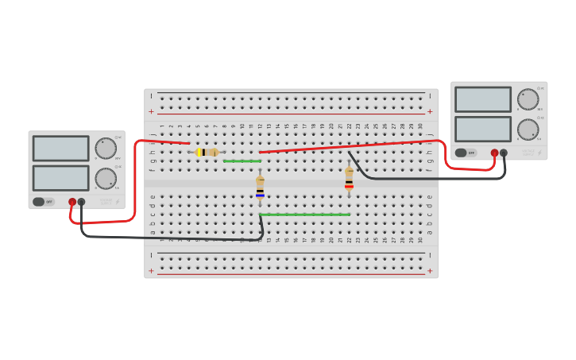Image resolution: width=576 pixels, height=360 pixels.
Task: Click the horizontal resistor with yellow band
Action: click(207, 152)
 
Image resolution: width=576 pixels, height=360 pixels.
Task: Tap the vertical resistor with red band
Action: click(349, 178)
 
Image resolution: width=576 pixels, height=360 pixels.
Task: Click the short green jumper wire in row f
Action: click(242, 161)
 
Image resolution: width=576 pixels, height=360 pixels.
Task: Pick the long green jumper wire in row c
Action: click(304, 215)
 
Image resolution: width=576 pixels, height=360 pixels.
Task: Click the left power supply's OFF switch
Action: click(43, 202)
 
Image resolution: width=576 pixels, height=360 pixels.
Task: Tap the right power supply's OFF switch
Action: click(466, 153)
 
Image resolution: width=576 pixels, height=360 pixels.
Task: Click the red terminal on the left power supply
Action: click(72, 202)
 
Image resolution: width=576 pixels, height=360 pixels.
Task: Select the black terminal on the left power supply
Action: click(81, 202)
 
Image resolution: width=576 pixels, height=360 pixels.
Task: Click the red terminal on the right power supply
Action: click(494, 153)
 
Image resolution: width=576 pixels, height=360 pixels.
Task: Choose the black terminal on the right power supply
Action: click(504, 153)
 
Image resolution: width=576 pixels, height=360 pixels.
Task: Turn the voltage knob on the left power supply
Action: click(106, 148)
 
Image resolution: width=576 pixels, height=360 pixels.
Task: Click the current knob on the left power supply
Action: click(106, 179)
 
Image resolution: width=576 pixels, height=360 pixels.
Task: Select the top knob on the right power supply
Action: click(528, 99)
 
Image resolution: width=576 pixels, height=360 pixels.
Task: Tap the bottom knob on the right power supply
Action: click(528, 130)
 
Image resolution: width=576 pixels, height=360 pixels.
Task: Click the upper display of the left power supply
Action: click(60, 148)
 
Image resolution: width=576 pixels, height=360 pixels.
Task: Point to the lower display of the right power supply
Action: click(482, 129)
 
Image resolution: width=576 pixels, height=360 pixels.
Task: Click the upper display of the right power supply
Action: click(482, 99)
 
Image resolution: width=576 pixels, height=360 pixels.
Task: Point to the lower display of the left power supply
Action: click(60, 177)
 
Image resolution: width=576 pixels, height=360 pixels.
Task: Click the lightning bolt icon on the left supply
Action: click(118, 202)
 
